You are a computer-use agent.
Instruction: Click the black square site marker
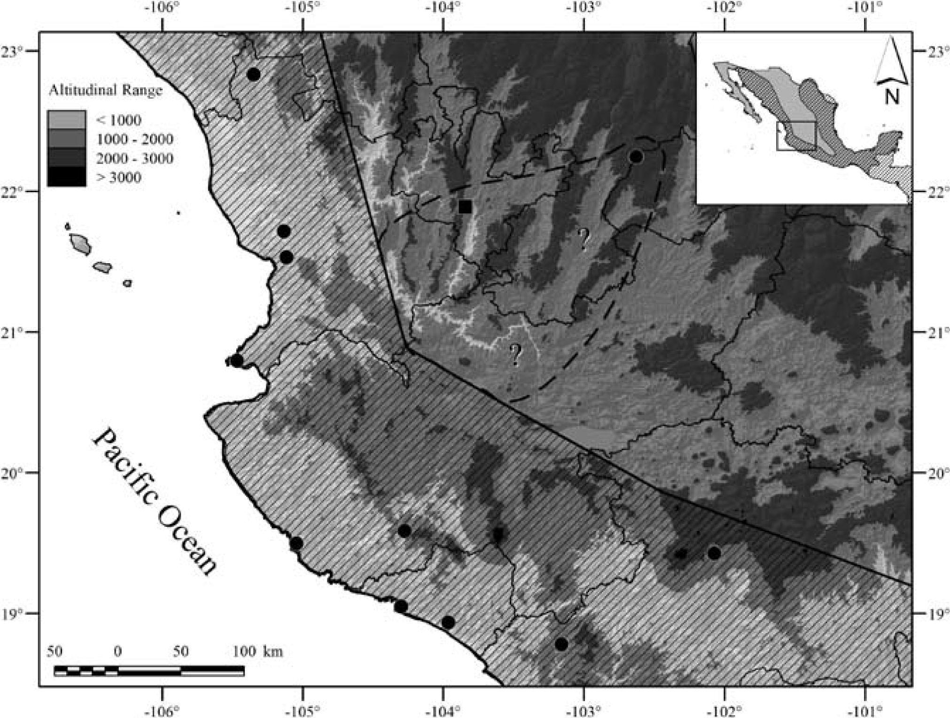click(x=465, y=206)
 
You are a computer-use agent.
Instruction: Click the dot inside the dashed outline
click(x=636, y=156)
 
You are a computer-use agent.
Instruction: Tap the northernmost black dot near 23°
click(x=253, y=74)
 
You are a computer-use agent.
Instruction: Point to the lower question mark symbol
click(x=515, y=354)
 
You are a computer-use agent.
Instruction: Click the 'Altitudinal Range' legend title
click(x=106, y=90)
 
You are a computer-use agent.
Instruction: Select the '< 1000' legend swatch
click(x=66, y=120)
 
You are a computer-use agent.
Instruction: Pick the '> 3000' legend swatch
click(x=66, y=177)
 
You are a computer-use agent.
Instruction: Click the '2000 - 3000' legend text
click(x=134, y=158)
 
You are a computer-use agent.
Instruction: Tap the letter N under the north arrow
click(x=891, y=97)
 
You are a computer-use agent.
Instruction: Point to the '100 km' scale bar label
click(x=257, y=651)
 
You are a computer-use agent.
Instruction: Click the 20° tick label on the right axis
click(x=931, y=473)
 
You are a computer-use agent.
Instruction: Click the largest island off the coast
click(x=80, y=244)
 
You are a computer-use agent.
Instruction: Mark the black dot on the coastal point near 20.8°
click(x=237, y=361)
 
